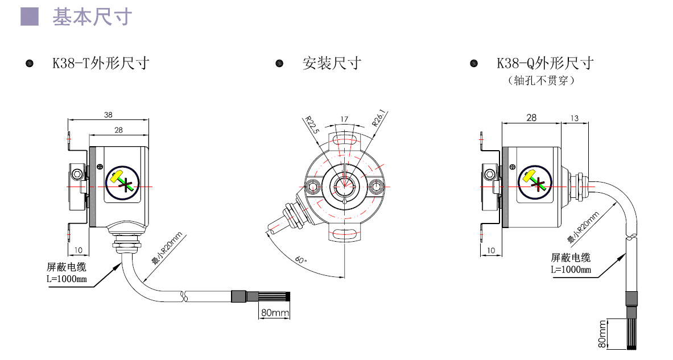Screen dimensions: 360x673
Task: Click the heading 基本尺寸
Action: click(92, 17)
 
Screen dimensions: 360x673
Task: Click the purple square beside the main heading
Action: click(30, 16)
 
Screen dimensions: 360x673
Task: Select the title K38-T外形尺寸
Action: click(101, 63)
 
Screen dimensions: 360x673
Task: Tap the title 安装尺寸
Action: click(332, 63)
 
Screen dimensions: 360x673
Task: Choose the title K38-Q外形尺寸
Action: click(544, 63)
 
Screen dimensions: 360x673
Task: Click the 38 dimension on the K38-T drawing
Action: click(108, 115)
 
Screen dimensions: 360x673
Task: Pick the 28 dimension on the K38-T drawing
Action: click(118, 130)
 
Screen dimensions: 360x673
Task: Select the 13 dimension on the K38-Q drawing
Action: click(574, 118)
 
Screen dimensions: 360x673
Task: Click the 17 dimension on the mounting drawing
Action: click(344, 119)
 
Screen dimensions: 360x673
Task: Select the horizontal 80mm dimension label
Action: click(275, 313)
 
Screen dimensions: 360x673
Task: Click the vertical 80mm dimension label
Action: click(602, 334)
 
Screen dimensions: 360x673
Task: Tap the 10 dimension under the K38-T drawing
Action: click(79, 250)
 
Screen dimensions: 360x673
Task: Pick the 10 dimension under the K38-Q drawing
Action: click(491, 250)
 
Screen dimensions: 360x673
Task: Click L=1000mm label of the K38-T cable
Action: click(67, 279)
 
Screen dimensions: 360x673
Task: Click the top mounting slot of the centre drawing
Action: click(344, 140)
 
